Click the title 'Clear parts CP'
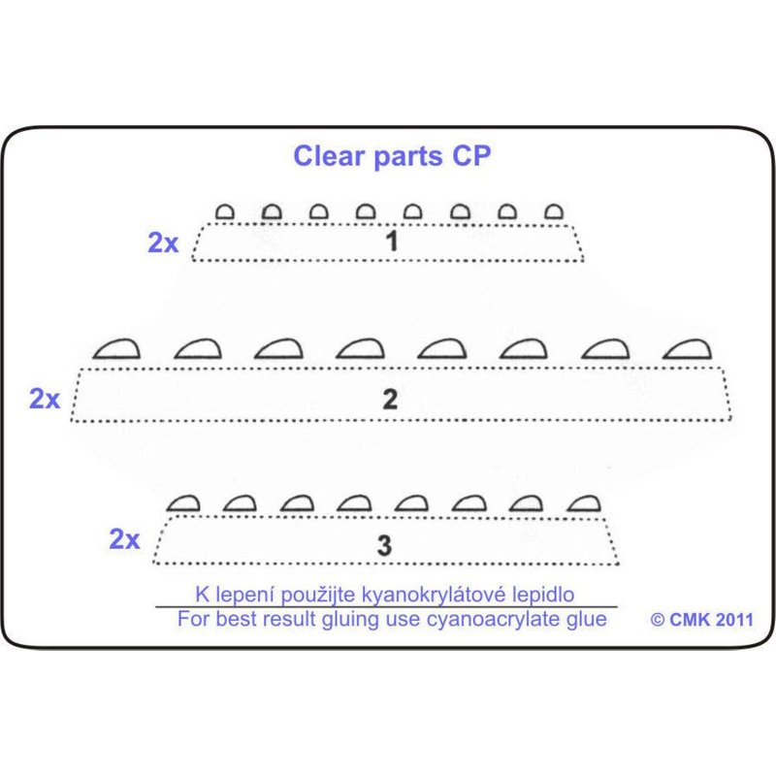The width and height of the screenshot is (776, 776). pos(392,157)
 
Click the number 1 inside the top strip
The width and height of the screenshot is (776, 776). pos(391,242)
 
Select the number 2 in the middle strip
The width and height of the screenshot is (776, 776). pos(391,399)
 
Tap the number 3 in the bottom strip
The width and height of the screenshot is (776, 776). pos(384,545)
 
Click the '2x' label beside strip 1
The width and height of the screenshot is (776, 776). pos(163,243)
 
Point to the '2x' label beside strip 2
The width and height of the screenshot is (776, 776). pos(45,399)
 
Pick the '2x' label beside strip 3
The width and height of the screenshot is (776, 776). pos(124,540)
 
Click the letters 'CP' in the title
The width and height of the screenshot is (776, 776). pos(469,157)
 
